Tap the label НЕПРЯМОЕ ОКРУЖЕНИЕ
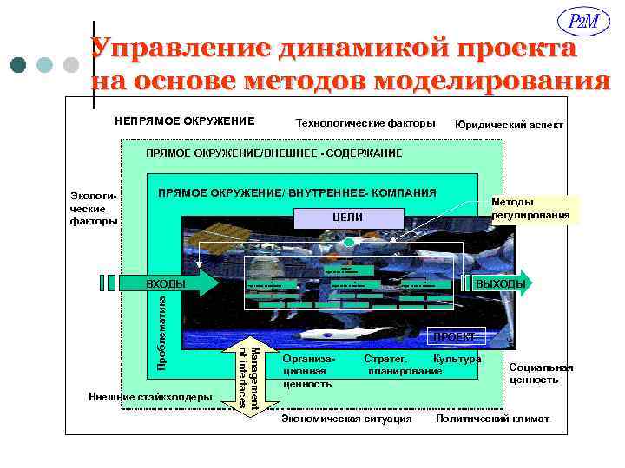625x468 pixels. point(184,120)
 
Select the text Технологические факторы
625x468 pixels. point(365,123)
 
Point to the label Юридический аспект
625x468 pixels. point(509,125)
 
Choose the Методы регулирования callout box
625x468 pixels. point(530,208)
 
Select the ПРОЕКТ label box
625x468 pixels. point(453,336)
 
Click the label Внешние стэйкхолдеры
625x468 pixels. point(149,397)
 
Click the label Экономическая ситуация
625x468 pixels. point(347,419)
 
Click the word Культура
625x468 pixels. point(457,359)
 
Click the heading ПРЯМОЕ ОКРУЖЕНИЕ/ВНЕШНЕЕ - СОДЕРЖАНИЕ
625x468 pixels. point(273,153)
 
